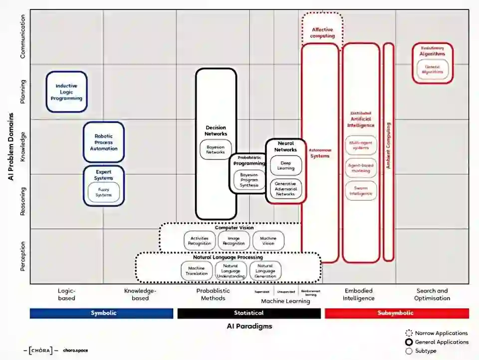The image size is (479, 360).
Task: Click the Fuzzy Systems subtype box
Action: (x=104, y=192)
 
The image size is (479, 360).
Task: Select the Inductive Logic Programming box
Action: (x=66, y=92)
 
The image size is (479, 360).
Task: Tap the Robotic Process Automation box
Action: (x=104, y=142)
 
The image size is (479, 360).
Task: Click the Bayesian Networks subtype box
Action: (x=216, y=150)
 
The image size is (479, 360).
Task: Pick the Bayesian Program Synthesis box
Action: (x=249, y=180)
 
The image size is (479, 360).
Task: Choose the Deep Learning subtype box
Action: (x=286, y=166)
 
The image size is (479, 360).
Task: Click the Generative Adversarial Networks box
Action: (x=286, y=189)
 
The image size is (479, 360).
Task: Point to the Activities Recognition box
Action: (x=200, y=240)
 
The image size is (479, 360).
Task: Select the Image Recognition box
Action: (x=234, y=240)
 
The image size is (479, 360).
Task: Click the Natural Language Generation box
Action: (x=265, y=271)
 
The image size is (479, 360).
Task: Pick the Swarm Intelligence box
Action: (x=360, y=190)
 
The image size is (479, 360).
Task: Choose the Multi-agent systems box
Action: (x=360, y=145)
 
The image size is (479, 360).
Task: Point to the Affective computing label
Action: (x=322, y=32)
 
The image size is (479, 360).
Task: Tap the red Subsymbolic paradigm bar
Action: (x=397, y=313)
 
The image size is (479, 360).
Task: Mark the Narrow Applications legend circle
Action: (x=409, y=333)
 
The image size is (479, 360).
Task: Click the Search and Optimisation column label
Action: (x=432, y=294)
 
